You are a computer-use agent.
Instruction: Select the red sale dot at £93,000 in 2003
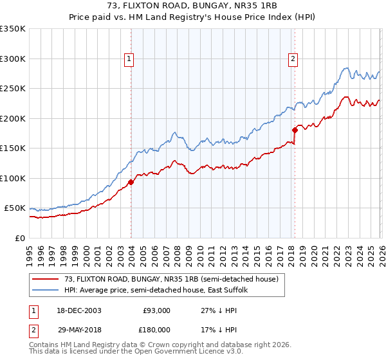point(131,182)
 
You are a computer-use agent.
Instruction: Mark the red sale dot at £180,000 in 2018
point(295,130)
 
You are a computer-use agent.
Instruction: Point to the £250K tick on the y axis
point(13,89)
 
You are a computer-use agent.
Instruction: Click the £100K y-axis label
point(13,178)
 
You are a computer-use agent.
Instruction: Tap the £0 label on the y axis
point(19,238)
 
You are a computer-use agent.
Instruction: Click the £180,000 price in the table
point(156,329)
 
